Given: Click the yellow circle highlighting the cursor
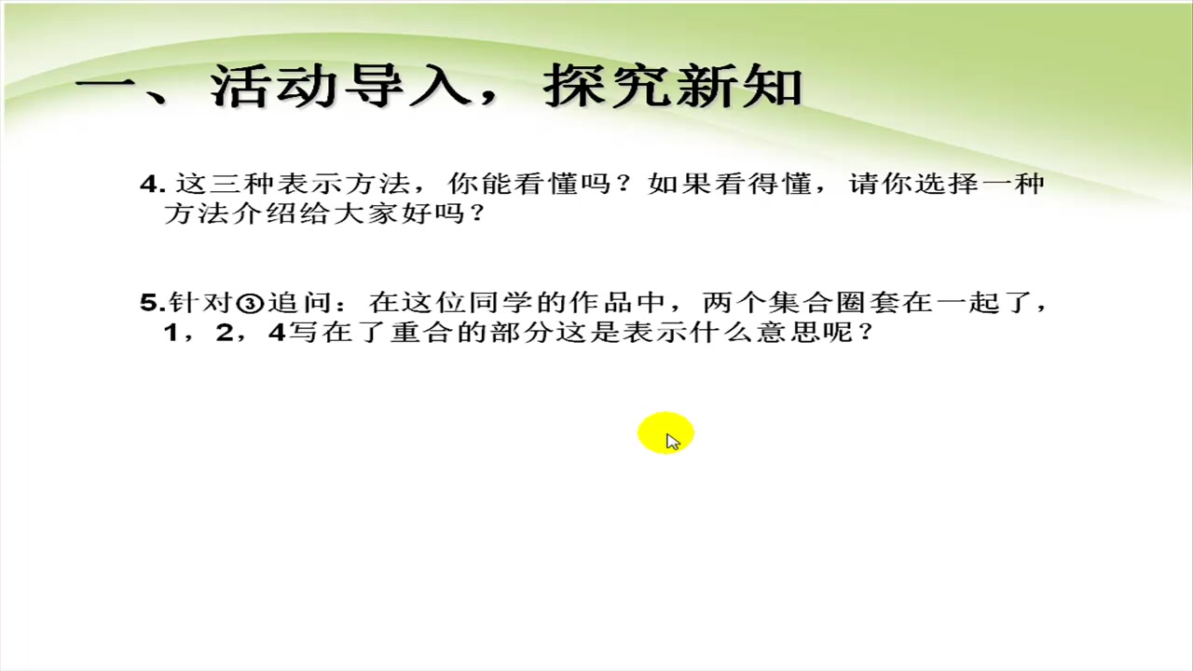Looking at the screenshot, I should (665, 434).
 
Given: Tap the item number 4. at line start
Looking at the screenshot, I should (152, 184).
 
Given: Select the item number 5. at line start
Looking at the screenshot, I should (152, 302).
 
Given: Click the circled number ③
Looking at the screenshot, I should (250, 303).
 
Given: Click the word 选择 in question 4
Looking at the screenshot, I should (946, 184).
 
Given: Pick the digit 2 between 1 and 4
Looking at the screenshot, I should (224, 332).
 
